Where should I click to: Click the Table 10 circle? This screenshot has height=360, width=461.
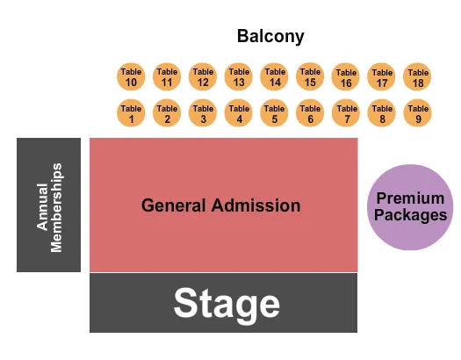click(x=131, y=77)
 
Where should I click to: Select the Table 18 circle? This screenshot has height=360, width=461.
click(x=417, y=78)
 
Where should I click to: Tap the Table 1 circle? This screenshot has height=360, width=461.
click(x=131, y=113)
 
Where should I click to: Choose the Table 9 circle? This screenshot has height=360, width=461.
click(x=417, y=114)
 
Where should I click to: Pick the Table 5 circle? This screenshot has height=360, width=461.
click(x=274, y=113)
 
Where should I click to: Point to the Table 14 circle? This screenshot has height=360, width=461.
click(x=274, y=77)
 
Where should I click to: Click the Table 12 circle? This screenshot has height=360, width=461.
click(x=203, y=77)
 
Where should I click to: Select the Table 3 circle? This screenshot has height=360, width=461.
click(x=203, y=113)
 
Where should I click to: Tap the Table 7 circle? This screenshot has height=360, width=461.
click(x=346, y=114)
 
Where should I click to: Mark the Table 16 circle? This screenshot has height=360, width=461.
click(x=346, y=78)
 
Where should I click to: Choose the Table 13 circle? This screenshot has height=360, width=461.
click(x=238, y=77)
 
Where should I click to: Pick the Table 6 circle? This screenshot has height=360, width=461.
click(x=310, y=113)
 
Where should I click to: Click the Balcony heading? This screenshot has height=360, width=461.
click(x=270, y=37)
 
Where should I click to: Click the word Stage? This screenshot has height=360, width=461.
click(x=227, y=304)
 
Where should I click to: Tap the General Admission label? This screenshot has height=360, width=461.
click(x=221, y=205)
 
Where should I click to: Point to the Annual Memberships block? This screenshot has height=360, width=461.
click(x=49, y=205)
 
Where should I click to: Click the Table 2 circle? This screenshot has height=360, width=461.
click(x=167, y=113)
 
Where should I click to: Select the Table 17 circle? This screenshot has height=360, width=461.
click(x=381, y=78)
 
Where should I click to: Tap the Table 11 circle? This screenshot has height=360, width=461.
click(x=167, y=77)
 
